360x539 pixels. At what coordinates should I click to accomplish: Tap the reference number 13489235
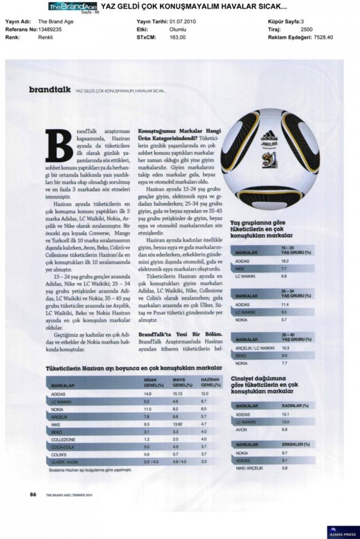pyautogui.click(x=50, y=30)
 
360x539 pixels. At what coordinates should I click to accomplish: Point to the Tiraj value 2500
pyautogui.click(x=307, y=30)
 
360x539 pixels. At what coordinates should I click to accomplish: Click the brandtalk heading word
pyautogui.click(x=51, y=90)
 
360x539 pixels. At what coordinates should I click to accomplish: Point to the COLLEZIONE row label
pyautogui.click(x=64, y=439)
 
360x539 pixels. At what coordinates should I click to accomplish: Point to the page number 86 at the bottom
pyautogui.click(x=33, y=494)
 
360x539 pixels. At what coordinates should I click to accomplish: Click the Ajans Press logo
pyautogui.click(x=343, y=532)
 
